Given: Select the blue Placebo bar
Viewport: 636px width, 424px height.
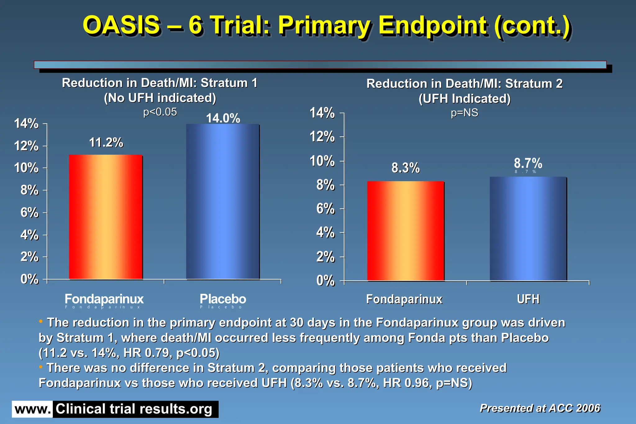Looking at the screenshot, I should click(223, 202).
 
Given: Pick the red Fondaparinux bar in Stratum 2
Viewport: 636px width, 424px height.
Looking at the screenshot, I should click(406, 231).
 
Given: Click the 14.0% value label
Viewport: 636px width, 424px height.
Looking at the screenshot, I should click(223, 118).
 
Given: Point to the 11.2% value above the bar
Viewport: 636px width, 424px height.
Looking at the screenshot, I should click(106, 143).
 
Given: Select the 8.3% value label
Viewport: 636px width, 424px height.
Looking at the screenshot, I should click(406, 168).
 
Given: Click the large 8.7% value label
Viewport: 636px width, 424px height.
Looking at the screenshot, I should click(528, 163).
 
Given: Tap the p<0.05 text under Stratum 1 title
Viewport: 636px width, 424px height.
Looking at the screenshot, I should click(160, 112).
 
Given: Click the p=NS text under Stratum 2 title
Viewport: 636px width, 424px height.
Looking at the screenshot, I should click(464, 112).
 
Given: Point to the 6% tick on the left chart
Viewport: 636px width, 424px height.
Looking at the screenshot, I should click(30, 213).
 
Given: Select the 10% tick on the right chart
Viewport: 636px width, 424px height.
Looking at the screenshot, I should click(322, 161).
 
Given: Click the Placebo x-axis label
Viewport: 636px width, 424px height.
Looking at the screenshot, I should click(223, 299).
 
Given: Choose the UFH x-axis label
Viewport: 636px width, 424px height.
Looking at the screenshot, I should click(528, 299).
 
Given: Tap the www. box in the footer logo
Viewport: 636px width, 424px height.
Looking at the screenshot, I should click(32, 409).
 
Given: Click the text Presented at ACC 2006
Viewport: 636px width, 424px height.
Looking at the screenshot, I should click(540, 408).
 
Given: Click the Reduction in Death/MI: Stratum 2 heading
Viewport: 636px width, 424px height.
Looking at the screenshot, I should click(464, 84).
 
